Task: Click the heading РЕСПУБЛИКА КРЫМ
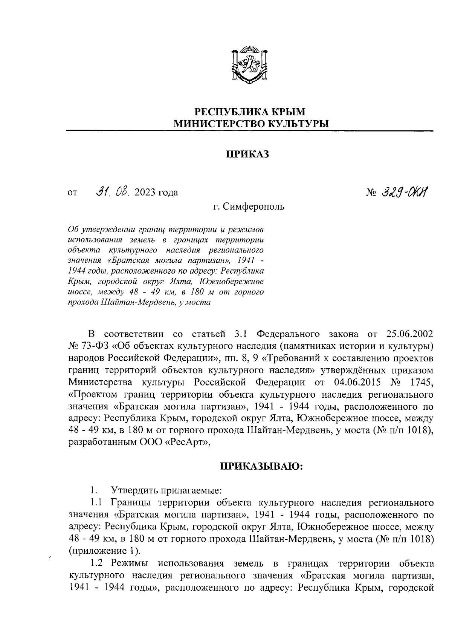pos(250,112)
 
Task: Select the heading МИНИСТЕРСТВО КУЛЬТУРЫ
pos(250,124)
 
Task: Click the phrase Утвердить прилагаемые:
pos(166,491)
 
